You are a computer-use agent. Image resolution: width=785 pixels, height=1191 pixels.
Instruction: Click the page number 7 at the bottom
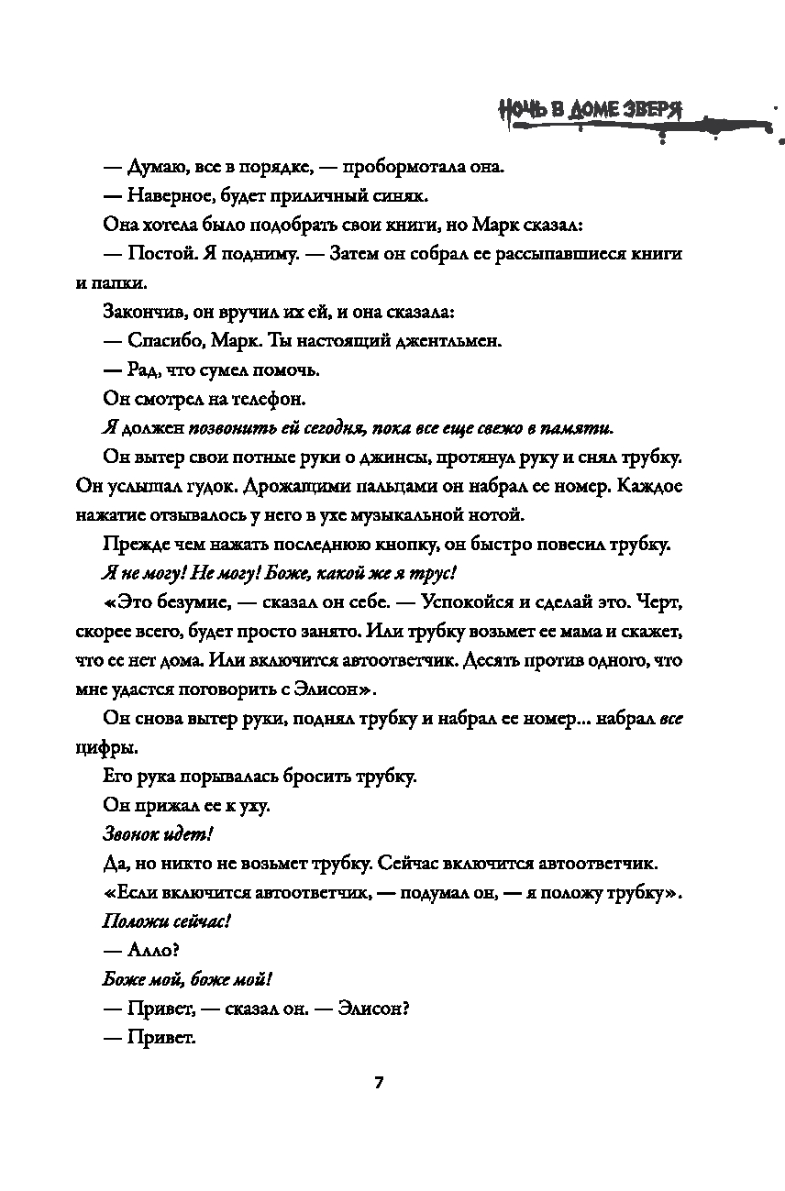(x=378, y=1082)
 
